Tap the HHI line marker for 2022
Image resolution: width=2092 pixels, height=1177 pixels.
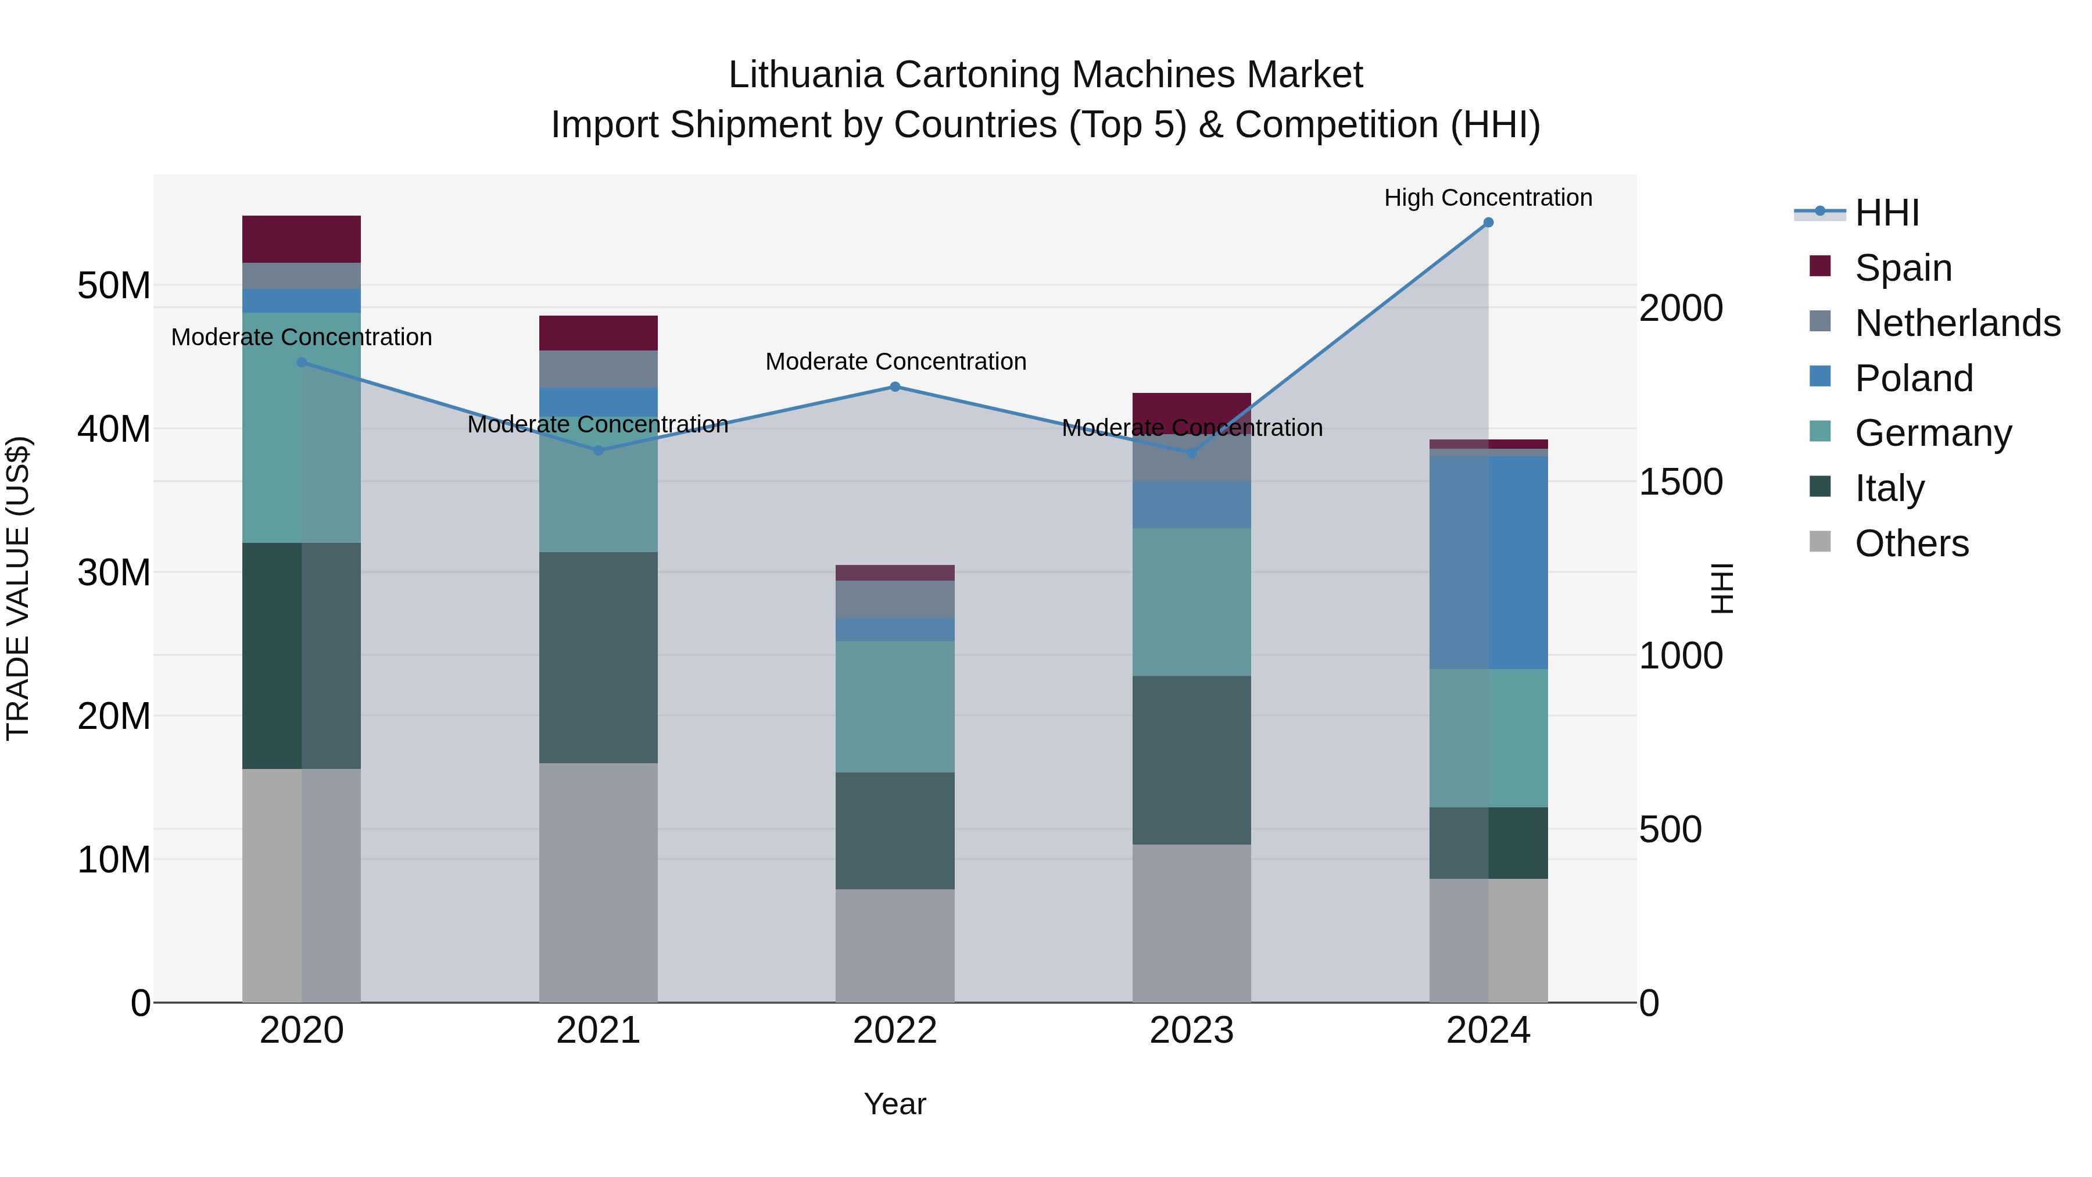895,387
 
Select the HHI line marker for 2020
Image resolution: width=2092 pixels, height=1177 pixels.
302,362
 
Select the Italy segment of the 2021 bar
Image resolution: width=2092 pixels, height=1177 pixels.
599,657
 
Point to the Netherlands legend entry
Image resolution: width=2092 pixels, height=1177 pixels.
1957,323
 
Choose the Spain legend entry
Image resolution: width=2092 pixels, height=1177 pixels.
1903,268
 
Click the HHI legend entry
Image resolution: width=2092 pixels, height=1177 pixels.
1886,213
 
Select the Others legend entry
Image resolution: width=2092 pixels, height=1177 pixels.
1911,543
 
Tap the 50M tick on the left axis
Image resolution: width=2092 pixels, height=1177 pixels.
114,286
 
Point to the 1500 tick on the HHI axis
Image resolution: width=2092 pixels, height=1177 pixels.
1680,482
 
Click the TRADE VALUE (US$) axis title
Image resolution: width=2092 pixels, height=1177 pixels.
18,588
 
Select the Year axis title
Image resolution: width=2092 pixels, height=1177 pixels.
895,1104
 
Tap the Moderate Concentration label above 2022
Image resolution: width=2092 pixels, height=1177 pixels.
895,362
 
